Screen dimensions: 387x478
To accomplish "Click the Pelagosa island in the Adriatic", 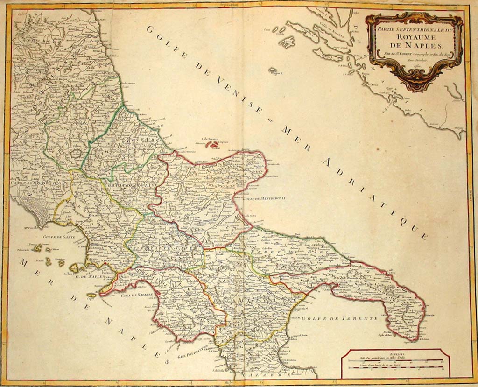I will tap(274, 71).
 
